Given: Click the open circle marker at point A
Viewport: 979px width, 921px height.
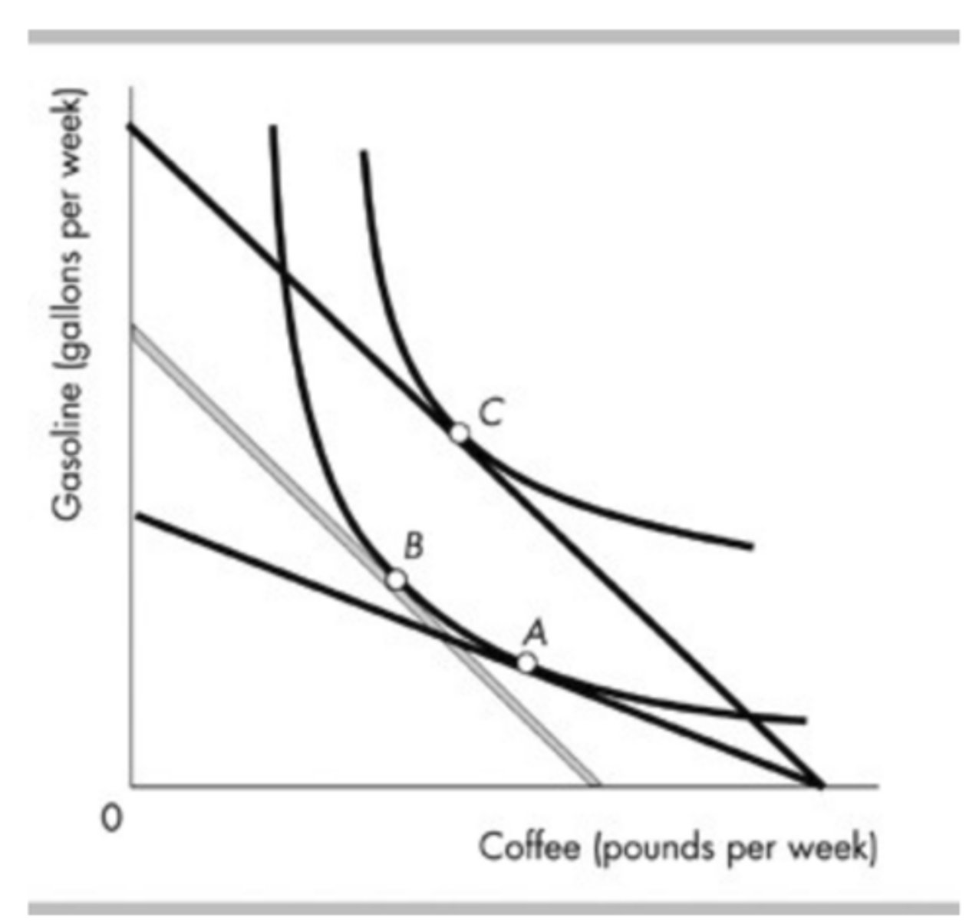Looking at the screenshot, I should pyautogui.click(x=526, y=662).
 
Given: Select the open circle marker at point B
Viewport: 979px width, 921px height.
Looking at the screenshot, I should pyautogui.click(x=396, y=579).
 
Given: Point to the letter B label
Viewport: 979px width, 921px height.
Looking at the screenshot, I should pyautogui.click(x=414, y=546).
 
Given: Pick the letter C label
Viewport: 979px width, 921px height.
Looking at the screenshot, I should pyautogui.click(x=492, y=414).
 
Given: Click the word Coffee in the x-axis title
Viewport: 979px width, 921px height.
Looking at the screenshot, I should pyautogui.click(x=529, y=848).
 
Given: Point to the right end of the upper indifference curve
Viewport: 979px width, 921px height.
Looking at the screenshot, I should pyautogui.click(x=752, y=547).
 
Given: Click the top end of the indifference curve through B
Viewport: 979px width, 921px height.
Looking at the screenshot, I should pyautogui.click(x=272, y=127).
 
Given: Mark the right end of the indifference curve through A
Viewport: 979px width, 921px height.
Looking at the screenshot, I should pyautogui.click(x=805, y=721).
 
